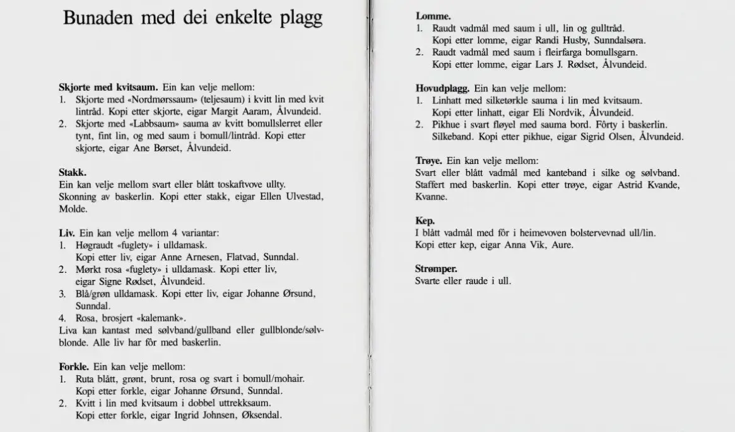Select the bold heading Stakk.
(x=73, y=172)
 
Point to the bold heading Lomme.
(x=429, y=15)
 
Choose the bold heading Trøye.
(x=428, y=161)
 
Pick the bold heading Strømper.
(x=436, y=269)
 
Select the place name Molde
(x=73, y=209)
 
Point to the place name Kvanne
(x=431, y=197)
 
